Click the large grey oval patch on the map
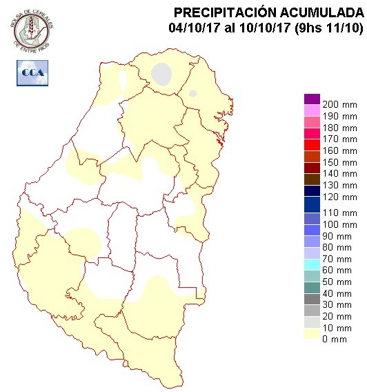161,74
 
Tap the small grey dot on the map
193,93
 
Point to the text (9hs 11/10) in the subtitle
326,28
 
